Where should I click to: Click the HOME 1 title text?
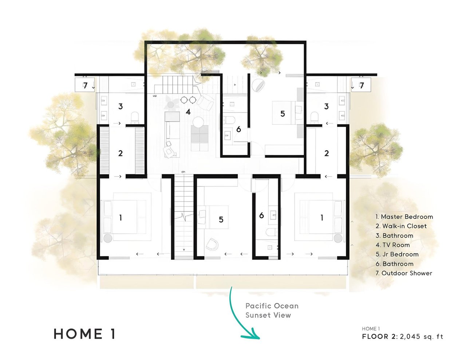[85, 334]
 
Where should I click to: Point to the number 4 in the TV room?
[188, 112]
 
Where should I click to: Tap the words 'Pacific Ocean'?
[272, 306]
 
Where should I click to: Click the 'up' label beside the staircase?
[155, 96]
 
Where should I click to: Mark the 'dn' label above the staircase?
[183, 172]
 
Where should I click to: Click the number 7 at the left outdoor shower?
[85, 86]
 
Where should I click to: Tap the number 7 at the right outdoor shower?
[362, 86]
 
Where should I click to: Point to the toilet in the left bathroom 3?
[135, 118]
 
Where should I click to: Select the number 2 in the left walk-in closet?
[120, 153]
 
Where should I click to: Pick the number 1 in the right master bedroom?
[322, 218]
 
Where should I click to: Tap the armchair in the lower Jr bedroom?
[212, 244]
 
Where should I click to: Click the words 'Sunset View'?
[268, 315]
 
